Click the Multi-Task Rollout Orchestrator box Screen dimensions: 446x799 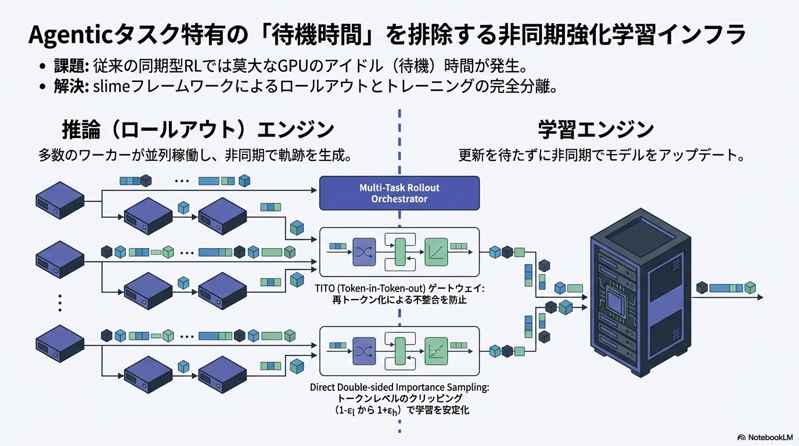[x=399, y=193]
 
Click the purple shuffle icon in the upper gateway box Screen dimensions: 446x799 [x=365, y=252]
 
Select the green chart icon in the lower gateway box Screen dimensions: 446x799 [x=436, y=351]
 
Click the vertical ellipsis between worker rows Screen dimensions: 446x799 [x=60, y=303]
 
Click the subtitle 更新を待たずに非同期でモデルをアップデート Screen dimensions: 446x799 [x=601, y=156]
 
